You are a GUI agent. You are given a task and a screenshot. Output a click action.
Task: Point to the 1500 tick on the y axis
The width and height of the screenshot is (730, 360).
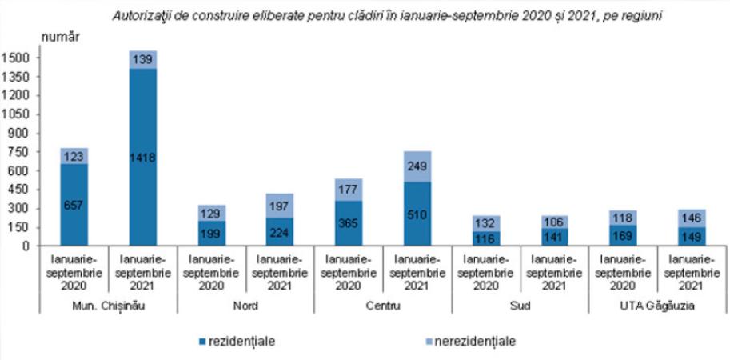click(18, 58)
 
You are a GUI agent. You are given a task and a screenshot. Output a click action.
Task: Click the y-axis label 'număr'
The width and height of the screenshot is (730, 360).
click(60, 37)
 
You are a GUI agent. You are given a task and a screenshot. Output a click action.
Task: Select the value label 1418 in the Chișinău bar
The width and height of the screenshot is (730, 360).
click(142, 158)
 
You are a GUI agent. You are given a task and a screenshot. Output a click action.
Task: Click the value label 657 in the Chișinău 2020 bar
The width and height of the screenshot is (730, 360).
click(74, 205)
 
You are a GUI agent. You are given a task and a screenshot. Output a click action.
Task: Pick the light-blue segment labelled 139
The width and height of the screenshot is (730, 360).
click(142, 60)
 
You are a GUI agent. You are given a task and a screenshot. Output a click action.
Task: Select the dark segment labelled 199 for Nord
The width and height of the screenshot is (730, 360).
click(211, 234)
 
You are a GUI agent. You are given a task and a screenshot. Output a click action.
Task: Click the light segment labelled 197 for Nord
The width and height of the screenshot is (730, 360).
click(280, 206)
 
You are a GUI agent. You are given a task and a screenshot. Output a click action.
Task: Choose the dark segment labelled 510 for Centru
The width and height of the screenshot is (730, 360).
click(417, 214)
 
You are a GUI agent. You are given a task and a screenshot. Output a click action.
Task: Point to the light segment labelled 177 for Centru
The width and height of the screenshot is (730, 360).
click(348, 190)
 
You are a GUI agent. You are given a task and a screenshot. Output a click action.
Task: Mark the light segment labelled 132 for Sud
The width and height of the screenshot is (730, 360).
click(485, 223)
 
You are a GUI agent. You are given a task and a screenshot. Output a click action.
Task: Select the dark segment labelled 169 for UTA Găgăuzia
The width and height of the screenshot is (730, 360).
click(621, 235)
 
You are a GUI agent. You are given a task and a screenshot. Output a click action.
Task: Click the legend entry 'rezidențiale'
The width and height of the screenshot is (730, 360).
click(236, 342)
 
